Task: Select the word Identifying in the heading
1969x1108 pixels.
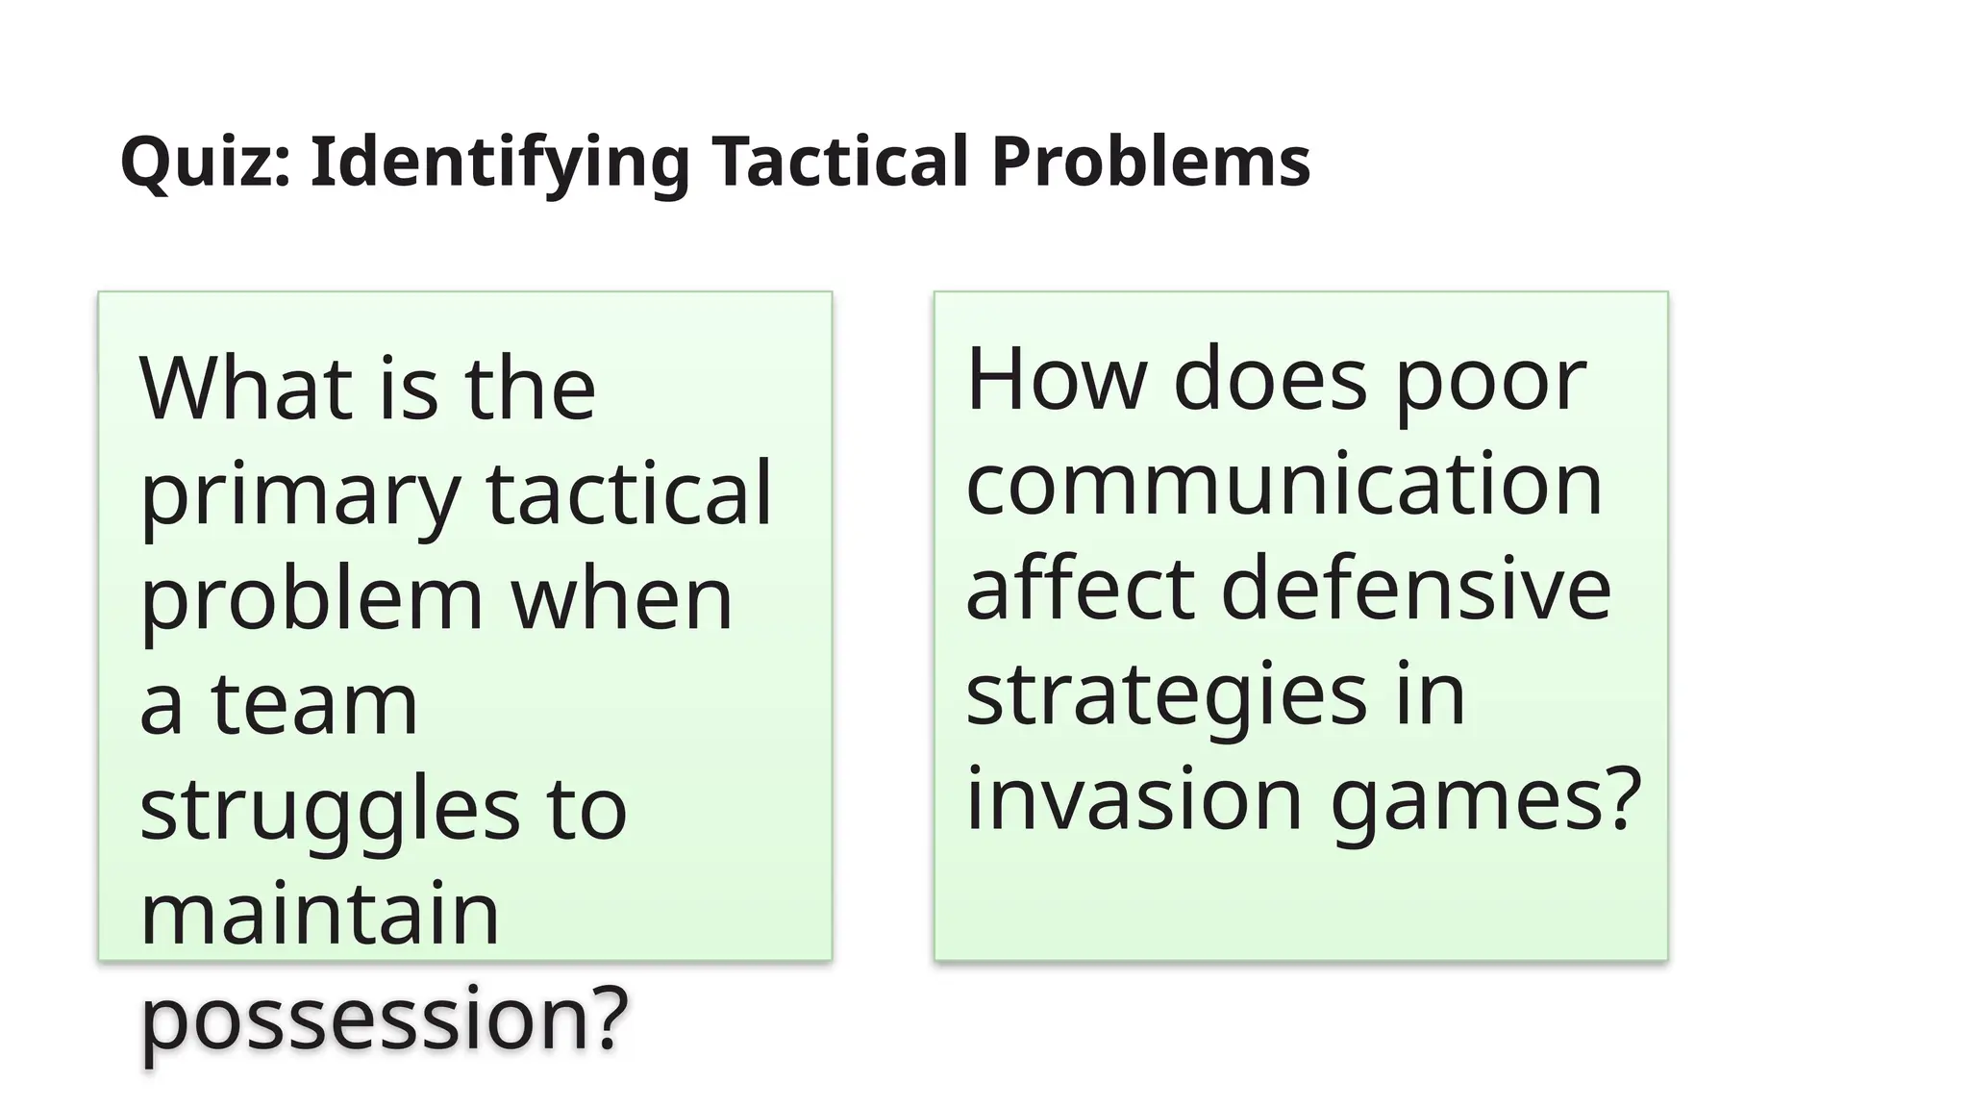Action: (x=499, y=162)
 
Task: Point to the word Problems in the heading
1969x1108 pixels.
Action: (x=1150, y=162)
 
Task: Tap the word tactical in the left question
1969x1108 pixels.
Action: (x=629, y=492)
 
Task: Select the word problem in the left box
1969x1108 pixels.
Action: (x=312, y=599)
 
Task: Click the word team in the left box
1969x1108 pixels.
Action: (x=314, y=704)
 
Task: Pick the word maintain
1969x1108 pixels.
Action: (x=319, y=914)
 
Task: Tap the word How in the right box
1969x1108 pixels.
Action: (x=1056, y=379)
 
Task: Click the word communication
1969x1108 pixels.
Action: (x=1284, y=484)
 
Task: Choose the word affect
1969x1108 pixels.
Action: (x=1080, y=588)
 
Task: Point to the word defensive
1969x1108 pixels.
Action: (x=1415, y=588)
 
